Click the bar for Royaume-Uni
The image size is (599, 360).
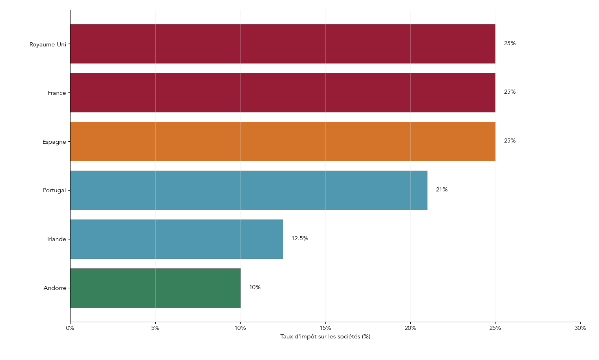coord(283,44)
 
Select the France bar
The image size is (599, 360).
coord(283,92)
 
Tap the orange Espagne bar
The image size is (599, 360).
coord(283,141)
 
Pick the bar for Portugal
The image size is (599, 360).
coord(249,190)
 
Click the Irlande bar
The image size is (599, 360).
coord(176,239)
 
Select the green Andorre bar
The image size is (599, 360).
coord(155,288)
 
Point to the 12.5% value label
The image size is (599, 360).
coord(299,239)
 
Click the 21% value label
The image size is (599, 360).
coord(442,190)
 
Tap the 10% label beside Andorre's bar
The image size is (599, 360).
coord(255,288)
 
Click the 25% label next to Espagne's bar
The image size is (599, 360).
coord(510,141)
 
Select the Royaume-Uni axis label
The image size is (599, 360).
coord(48,44)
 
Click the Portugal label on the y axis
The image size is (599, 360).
coord(54,191)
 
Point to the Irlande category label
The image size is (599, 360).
coord(57,239)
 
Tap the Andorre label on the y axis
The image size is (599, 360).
coord(55,288)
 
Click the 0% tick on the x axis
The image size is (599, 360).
coord(70,328)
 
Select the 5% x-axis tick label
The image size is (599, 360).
coord(155,328)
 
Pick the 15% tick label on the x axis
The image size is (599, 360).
coord(325,328)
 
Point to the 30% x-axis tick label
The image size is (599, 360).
coord(580,328)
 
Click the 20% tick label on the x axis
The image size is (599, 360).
coord(410,328)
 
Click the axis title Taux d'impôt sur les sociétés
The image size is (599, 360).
coord(325,337)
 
